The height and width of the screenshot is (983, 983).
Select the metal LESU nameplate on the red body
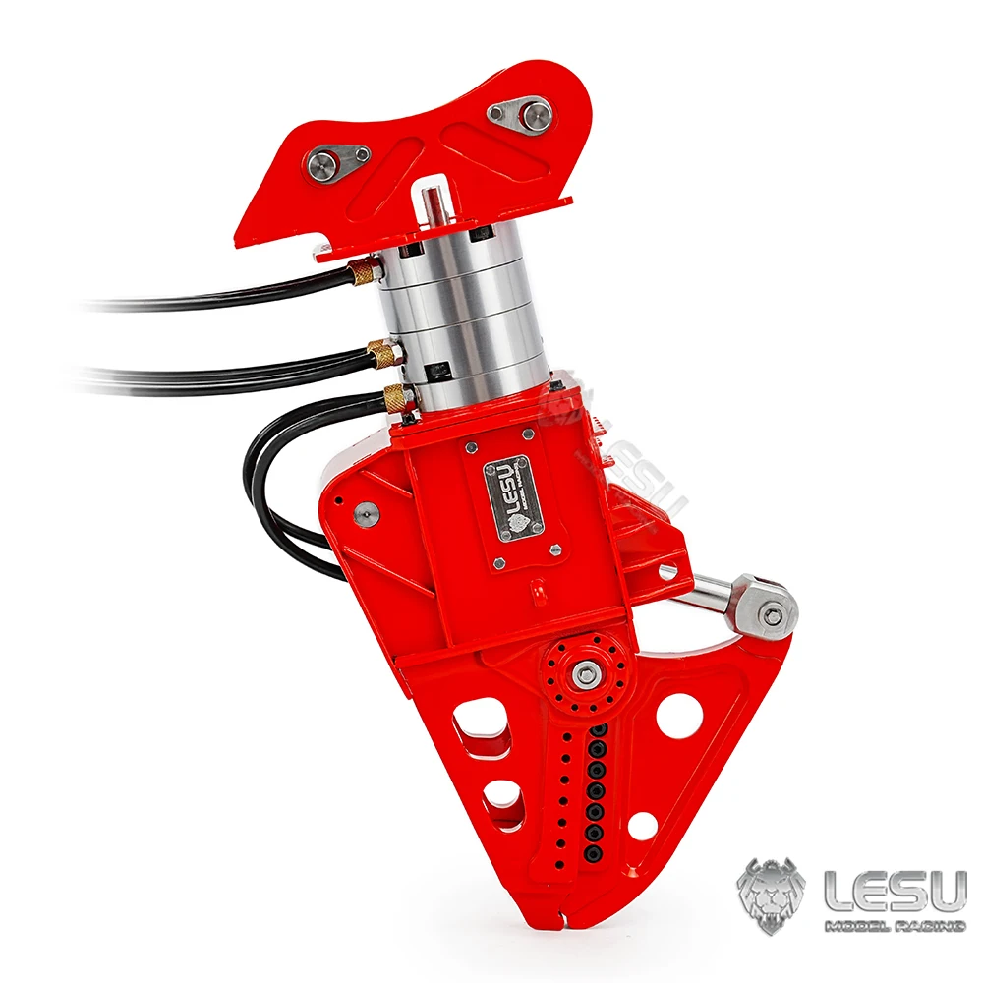[x=511, y=496]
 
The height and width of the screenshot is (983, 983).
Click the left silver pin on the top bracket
[x=321, y=163]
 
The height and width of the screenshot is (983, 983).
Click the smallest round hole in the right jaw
[x=642, y=826]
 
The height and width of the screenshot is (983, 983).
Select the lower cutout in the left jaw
[x=502, y=794]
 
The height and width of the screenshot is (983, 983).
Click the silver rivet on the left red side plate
[x=367, y=511]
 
